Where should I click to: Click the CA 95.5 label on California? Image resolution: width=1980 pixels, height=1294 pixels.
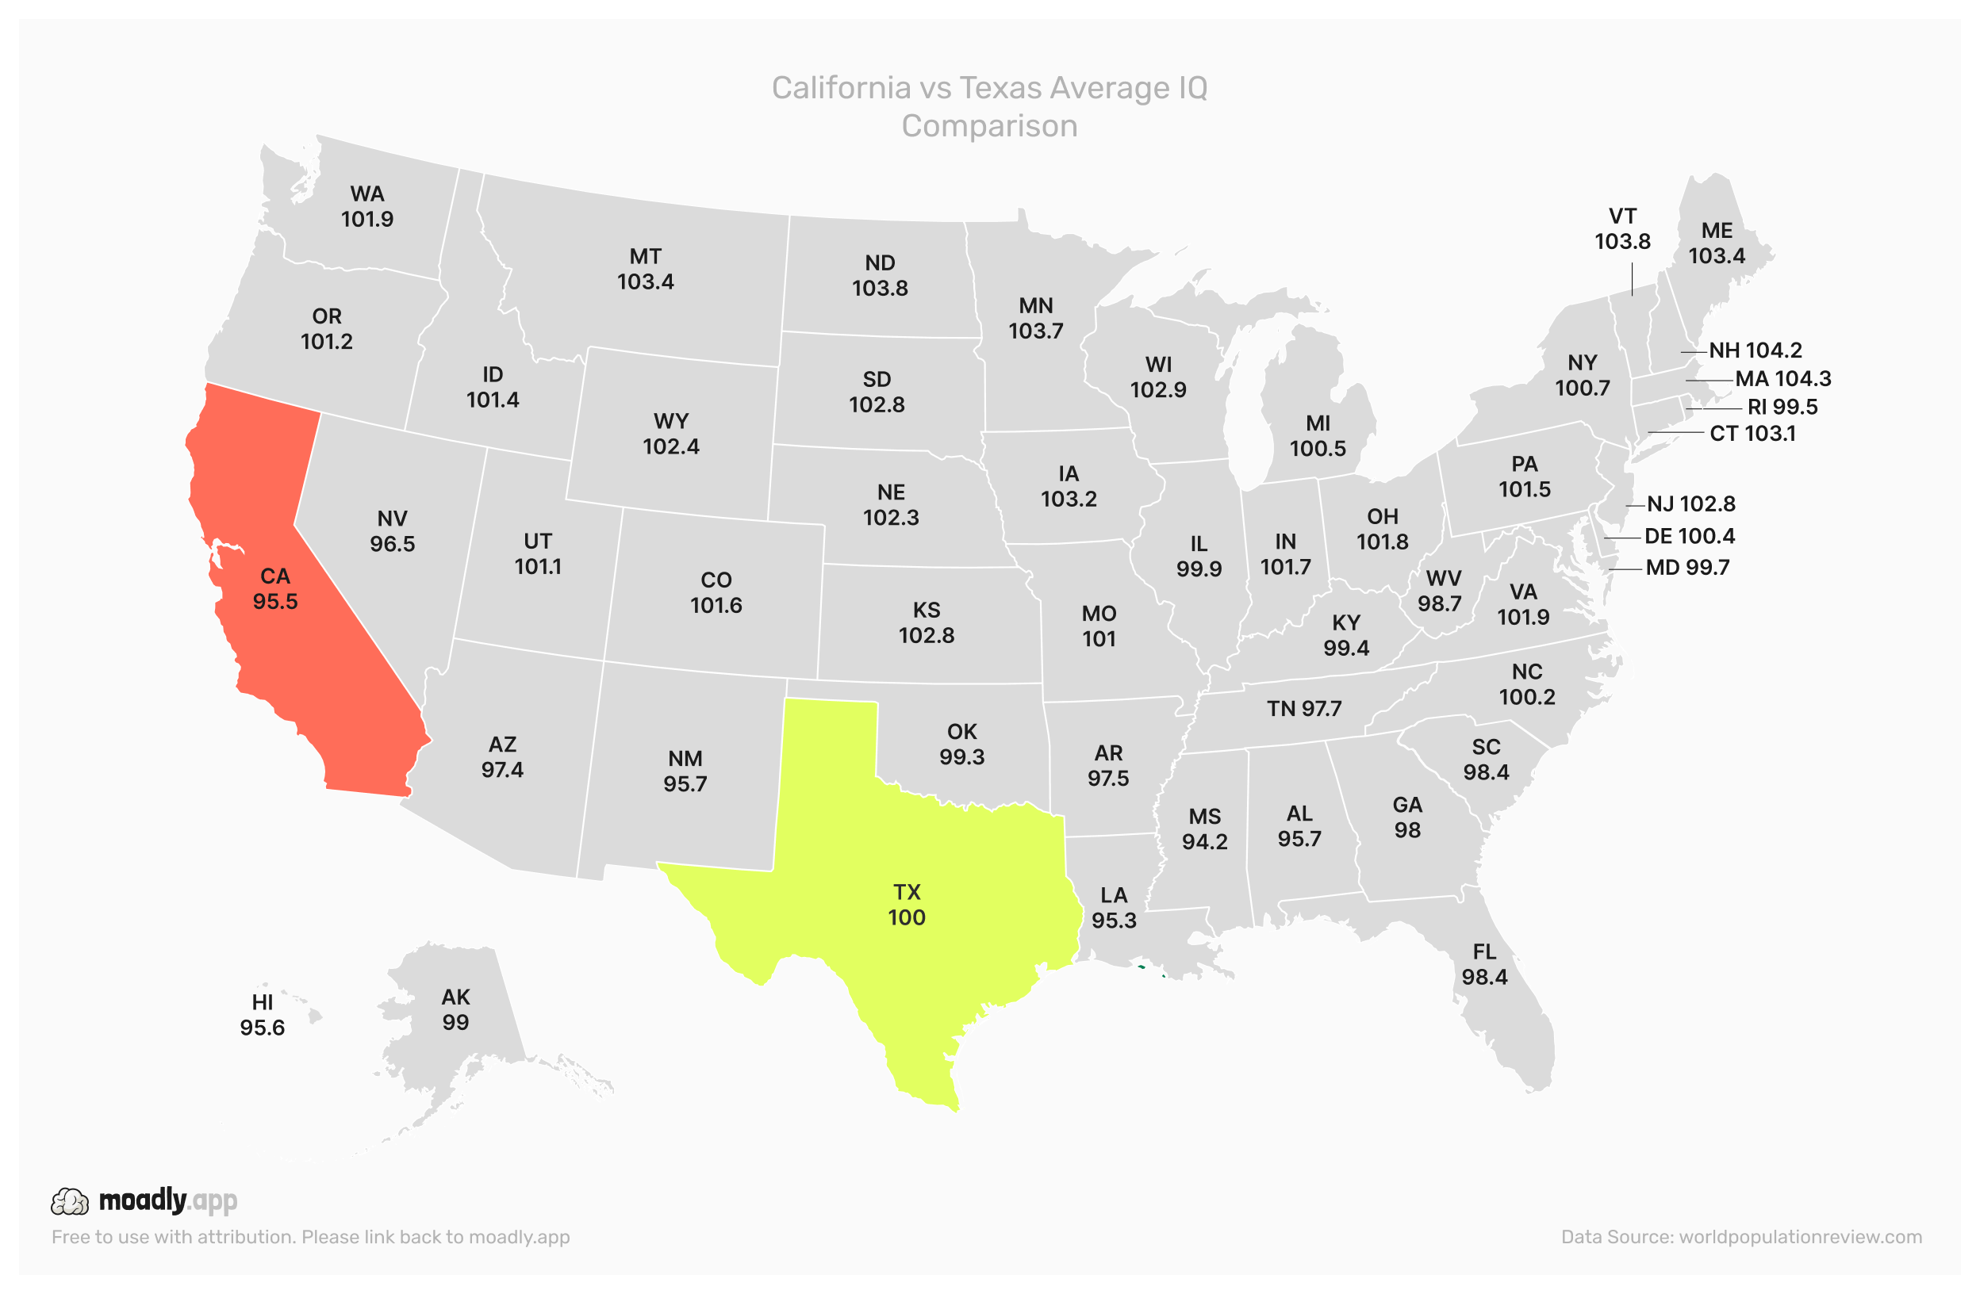(x=275, y=589)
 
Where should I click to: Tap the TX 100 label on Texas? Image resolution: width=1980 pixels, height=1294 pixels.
(x=906, y=905)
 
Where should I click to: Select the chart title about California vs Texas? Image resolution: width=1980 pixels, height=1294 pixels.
(x=989, y=106)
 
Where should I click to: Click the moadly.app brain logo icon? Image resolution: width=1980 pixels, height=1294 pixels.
(x=69, y=1202)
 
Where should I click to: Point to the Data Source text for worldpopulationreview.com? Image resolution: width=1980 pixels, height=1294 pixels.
(x=1740, y=1237)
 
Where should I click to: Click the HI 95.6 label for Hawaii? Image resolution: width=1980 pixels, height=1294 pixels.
(x=262, y=1016)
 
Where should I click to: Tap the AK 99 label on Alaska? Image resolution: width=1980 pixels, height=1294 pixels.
(x=455, y=1009)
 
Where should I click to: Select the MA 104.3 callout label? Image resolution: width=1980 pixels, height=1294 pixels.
(x=1782, y=379)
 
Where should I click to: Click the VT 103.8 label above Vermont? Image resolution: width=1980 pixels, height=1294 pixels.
(x=1621, y=228)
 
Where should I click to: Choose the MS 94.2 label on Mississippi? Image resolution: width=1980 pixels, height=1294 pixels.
(x=1204, y=829)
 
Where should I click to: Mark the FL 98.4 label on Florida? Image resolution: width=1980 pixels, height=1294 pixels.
(x=1484, y=964)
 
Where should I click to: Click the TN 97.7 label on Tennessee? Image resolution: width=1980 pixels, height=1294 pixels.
(x=1303, y=710)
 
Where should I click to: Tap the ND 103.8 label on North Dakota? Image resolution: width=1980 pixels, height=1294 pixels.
(x=880, y=275)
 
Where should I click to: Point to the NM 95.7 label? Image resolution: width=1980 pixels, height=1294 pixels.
(x=685, y=771)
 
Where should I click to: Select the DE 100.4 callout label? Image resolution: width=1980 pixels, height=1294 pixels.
(x=1689, y=537)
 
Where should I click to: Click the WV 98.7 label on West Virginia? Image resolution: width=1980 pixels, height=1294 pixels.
(x=1444, y=591)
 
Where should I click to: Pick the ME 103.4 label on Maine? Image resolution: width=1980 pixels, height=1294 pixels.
(x=1717, y=243)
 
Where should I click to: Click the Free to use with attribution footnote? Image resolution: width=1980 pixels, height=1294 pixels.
(x=310, y=1237)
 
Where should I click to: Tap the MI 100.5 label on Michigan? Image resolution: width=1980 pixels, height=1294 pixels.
(x=1317, y=436)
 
